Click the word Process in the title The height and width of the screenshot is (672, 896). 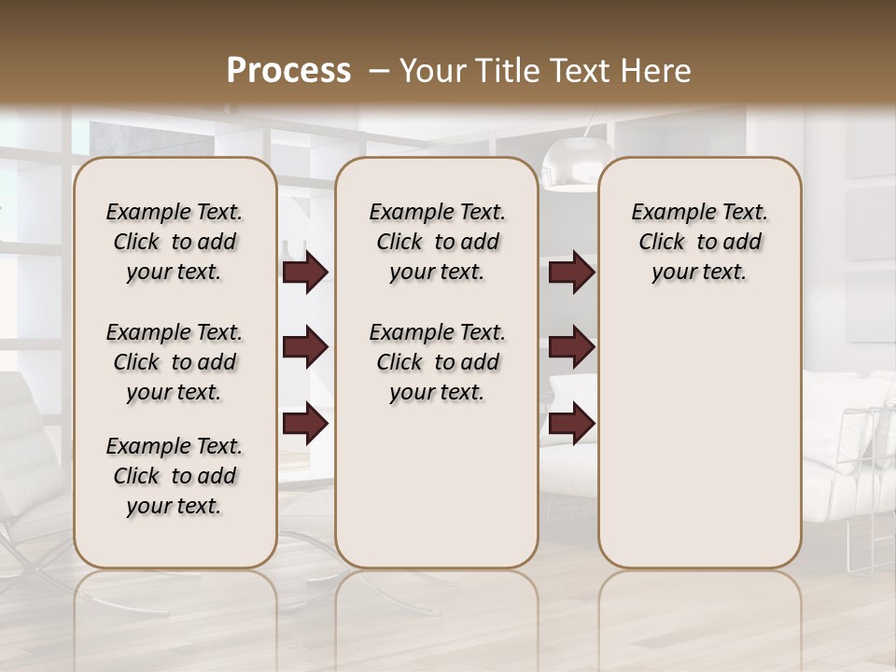(288, 71)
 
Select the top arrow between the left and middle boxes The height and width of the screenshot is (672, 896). (305, 273)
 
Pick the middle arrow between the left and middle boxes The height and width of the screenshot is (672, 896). (305, 348)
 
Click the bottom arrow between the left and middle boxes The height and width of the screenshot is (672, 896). (305, 424)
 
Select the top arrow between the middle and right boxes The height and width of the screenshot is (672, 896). (571, 273)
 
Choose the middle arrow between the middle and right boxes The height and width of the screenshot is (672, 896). (571, 348)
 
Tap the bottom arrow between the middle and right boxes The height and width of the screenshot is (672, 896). (571, 424)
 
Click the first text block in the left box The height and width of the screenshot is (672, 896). (175, 242)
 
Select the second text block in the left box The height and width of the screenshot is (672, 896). (175, 362)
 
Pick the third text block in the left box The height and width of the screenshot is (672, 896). (175, 476)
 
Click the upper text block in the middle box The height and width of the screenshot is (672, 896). (437, 242)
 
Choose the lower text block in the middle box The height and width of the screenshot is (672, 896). (437, 362)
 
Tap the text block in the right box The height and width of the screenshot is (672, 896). (699, 242)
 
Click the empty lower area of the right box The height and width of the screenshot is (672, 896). (699, 439)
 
